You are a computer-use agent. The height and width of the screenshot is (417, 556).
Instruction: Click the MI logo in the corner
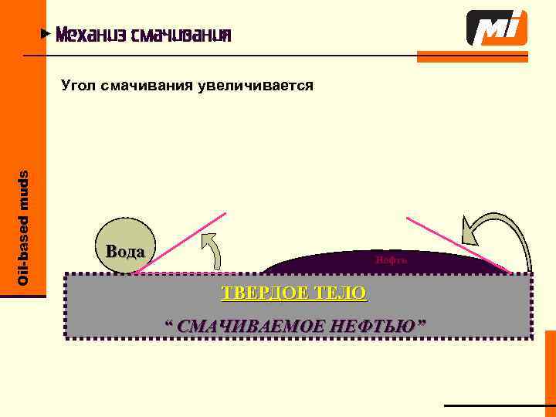pyautogui.click(x=497, y=29)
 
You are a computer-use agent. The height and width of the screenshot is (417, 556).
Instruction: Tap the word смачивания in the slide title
pyautogui.click(x=181, y=36)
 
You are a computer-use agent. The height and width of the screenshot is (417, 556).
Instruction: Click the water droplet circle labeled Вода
pyautogui.click(x=124, y=249)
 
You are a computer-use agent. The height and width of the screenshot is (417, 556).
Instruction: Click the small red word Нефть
pyautogui.click(x=392, y=260)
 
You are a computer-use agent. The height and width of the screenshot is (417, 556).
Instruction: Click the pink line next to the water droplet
pyautogui.click(x=179, y=242)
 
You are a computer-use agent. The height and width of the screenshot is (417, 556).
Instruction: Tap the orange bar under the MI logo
pyautogui.click(x=473, y=56)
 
